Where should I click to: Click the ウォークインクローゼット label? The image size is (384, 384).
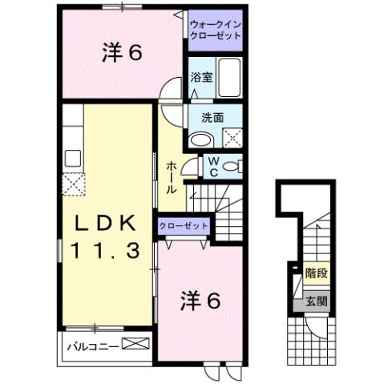point(216,31)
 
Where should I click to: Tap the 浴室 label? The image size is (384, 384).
point(200,78)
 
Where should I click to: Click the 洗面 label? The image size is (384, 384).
point(212,116)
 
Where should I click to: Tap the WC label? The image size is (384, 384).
point(213,166)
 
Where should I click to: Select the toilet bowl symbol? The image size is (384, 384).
point(231,166)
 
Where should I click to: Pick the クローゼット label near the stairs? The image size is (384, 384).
point(184,227)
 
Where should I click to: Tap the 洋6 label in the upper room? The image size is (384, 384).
point(122,53)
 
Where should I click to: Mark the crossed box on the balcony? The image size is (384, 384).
point(135,346)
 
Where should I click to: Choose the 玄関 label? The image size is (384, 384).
point(315,301)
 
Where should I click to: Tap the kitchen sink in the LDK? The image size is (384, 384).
point(72,156)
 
